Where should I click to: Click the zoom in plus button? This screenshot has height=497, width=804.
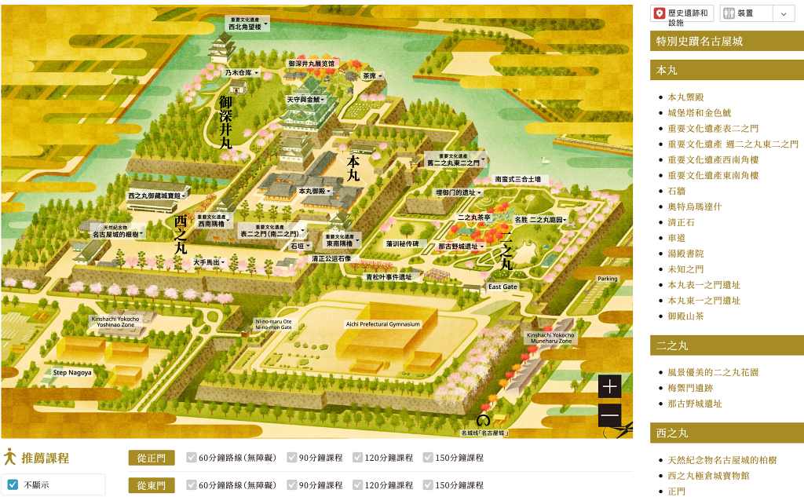[609, 386]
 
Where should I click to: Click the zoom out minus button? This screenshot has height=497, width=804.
[609, 415]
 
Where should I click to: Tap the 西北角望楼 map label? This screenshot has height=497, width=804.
[247, 25]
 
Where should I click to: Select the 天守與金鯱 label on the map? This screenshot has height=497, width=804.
[305, 100]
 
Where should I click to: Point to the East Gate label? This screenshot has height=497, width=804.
[502, 287]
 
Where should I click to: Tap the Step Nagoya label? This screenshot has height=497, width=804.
[72, 372]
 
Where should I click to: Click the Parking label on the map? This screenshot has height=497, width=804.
[608, 279]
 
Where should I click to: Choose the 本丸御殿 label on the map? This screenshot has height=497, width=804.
[314, 191]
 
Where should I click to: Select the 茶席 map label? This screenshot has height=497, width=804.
[371, 76]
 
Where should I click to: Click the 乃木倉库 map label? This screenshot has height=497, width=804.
[241, 72]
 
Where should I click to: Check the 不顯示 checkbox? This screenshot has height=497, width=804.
[13, 484]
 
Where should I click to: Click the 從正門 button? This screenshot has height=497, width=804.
[152, 458]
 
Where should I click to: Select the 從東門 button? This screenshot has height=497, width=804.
[152, 485]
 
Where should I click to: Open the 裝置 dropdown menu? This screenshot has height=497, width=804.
[757, 13]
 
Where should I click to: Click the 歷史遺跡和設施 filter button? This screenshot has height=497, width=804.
[683, 16]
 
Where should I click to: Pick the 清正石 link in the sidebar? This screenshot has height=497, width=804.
[681, 222]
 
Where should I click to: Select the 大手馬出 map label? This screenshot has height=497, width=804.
[209, 262]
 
